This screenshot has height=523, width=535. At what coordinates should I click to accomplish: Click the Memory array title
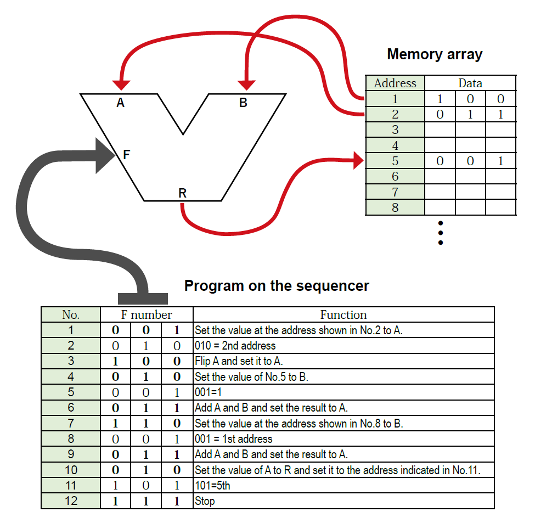click(x=434, y=54)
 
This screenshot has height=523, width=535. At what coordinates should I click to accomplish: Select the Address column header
click(x=395, y=83)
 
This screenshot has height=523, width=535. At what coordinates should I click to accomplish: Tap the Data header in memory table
click(x=470, y=83)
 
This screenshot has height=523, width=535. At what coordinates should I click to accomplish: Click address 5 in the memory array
click(x=395, y=161)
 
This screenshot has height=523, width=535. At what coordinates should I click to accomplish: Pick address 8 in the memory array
click(x=395, y=207)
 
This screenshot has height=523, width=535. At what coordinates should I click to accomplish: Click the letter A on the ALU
click(x=120, y=103)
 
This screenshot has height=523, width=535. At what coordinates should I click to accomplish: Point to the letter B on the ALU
click(x=243, y=103)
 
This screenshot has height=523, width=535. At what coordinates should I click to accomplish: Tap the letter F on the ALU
click(x=126, y=155)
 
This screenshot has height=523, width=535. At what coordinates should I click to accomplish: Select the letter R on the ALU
click(x=182, y=193)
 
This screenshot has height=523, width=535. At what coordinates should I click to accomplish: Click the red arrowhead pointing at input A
click(x=121, y=85)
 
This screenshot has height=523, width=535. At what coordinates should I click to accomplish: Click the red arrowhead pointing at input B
click(x=246, y=85)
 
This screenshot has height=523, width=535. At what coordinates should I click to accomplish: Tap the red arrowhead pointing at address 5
click(x=358, y=161)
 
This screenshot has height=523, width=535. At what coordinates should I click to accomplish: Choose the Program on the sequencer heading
click(x=277, y=286)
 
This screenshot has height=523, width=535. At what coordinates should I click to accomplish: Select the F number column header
click(x=147, y=314)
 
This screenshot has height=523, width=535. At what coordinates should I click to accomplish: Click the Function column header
click(x=343, y=314)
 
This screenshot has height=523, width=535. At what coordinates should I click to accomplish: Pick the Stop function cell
click(x=205, y=501)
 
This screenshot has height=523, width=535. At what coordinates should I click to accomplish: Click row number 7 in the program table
click(x=71, y=423)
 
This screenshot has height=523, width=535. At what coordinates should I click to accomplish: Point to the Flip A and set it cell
click(x=239, y=361)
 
